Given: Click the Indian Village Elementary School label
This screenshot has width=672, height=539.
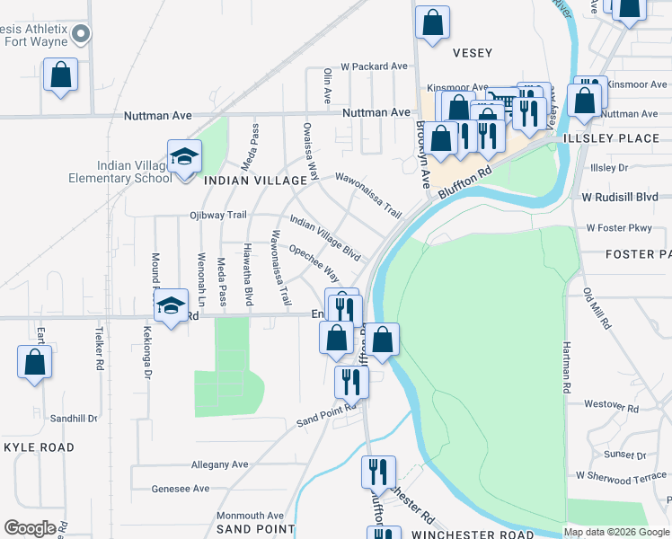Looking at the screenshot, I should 135,172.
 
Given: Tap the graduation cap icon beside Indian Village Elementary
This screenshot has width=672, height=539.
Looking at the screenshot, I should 184,158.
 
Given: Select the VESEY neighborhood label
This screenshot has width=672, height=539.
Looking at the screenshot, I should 473,53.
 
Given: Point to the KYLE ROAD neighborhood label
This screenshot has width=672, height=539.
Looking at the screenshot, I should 39,446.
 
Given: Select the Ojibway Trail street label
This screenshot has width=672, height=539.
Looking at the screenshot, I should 217,216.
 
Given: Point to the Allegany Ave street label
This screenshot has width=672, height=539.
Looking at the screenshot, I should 219,464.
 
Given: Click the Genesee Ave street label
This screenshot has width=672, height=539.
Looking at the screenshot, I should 180,488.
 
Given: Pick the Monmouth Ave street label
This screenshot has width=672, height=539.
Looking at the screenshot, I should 250,516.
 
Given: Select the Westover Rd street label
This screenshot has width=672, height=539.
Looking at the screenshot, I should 611,407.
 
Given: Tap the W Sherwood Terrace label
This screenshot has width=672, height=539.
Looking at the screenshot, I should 622,476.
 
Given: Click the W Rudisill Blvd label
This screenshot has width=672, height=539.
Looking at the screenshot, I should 620,197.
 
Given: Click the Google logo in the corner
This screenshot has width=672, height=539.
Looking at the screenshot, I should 30,528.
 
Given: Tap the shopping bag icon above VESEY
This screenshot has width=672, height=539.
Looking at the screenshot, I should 432,24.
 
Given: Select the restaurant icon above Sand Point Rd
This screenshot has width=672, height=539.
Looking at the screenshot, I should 350,381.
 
